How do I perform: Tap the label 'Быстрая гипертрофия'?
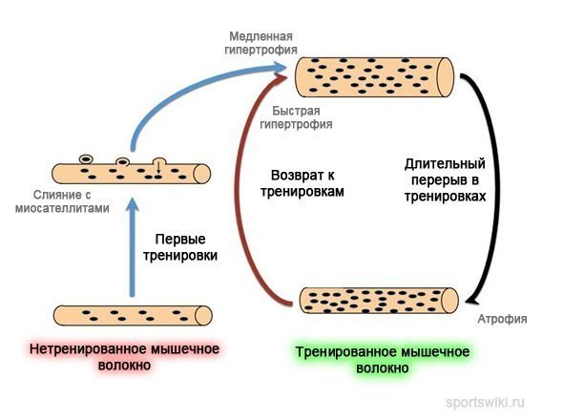tap(302, 116)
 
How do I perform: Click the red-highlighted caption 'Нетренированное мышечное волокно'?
tap(124, 357)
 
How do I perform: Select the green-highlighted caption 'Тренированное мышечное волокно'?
tap(382, 359)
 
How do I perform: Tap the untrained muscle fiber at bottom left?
tap(132, 315)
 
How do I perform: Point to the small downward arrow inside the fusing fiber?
tap(158, 168)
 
